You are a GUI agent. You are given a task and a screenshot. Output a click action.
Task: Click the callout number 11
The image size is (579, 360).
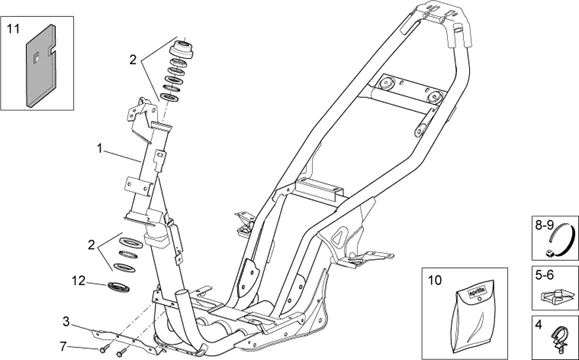pyautogui.click(x=13, y=31)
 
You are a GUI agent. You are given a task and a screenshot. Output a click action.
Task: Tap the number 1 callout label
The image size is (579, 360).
pyautogui.click(x=99, y=148)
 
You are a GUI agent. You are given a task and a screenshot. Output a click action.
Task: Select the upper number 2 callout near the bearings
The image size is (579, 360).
pyautogui.click(x=133, y=60)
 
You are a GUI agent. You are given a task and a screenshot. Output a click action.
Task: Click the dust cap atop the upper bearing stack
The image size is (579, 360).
pyautogui.click(x=182, y=49)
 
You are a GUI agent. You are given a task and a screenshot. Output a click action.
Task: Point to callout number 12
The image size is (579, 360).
pyautogui.click(x=79, y=280)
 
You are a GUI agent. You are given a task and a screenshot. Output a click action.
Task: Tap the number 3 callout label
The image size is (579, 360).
pyautogui.click(x=66, y=321)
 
